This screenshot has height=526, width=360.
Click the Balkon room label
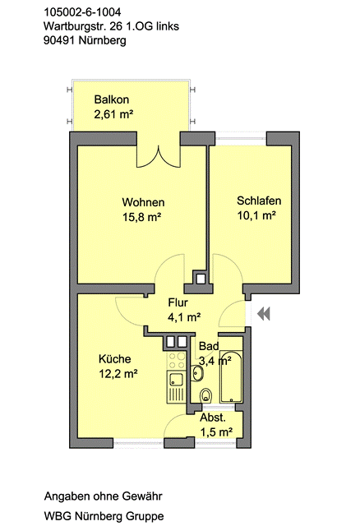112,99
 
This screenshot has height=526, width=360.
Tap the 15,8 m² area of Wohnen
141,217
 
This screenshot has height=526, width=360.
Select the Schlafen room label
259,201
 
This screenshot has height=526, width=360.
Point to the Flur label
178,302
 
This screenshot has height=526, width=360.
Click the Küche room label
115,358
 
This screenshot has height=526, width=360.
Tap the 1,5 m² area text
216,431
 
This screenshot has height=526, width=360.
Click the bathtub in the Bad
231,376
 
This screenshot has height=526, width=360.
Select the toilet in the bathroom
205,395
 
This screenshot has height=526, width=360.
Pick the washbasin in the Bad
197,373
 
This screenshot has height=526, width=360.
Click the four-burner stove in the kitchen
177,361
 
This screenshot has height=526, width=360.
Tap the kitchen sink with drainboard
176,386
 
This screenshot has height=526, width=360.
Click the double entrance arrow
264,314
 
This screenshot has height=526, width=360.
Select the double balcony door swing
159,157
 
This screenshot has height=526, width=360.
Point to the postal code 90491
60,40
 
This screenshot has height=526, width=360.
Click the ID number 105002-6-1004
82,12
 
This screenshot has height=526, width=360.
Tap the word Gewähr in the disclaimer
142,496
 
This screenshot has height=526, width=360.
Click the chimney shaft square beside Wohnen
201,278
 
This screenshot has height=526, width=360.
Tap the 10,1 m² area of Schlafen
256,215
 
